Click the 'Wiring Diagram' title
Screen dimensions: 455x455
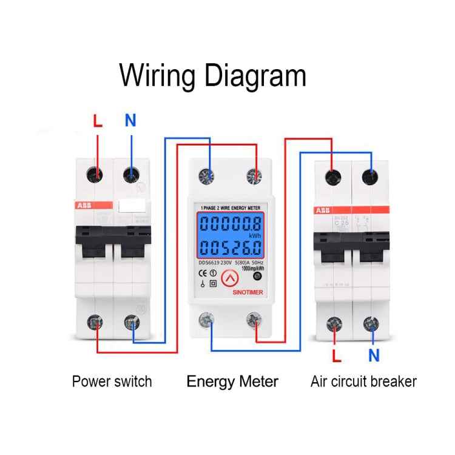[x=212, y=76]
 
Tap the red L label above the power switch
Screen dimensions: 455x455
[x=98, y=121]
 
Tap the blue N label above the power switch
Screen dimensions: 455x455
[x=130, y=120]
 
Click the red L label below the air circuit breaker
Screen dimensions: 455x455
[x=336, y=354]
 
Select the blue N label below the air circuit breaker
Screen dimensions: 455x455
[x=374, y=355]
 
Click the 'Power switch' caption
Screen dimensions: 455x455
[x=112, y=382]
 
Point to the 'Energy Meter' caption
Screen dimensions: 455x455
[x=232, y=382]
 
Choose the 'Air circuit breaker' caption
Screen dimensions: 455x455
[x=363, y=382]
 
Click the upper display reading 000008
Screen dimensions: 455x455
[x=231, y=223]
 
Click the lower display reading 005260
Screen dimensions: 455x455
[x=231, y=248]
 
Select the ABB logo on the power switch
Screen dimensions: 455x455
[x=84, y=206]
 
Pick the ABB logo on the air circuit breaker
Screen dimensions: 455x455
[x=322, y=211]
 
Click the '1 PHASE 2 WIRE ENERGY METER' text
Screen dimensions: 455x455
[x=231, y=207]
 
